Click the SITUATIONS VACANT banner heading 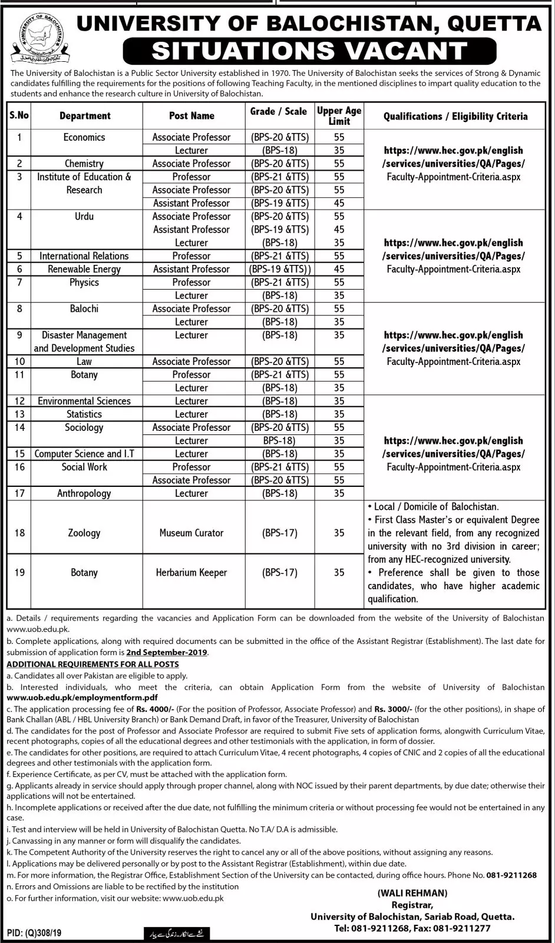tap(309, 51)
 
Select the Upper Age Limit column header tap(339, 116)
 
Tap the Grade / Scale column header tap(279, 111)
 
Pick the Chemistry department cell tap(84, 164)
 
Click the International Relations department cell tap(84, 256)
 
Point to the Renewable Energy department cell tap(84, 269)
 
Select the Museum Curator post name tap(191, 533)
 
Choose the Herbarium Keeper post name tap(191, 572)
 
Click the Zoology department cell tap(84, 533)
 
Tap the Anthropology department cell tap(84, 493)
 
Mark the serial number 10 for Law tap(19, 361)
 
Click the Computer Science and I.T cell tap(84, 454)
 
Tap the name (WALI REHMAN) tap(412, 893)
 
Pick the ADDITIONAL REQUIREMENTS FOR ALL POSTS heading tap(92, 664)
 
